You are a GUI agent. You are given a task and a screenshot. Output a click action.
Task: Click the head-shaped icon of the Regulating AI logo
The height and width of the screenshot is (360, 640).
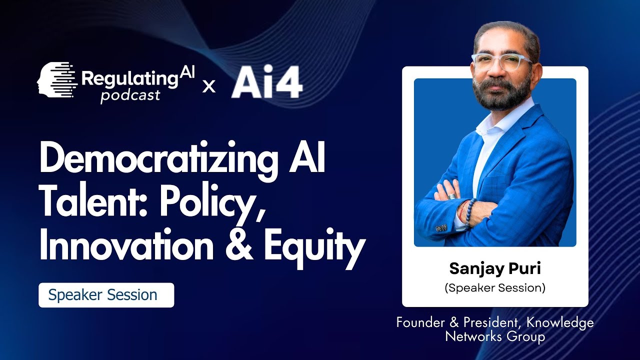pos(55,79)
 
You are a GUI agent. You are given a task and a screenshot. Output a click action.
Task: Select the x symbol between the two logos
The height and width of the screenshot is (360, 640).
pos(209,86)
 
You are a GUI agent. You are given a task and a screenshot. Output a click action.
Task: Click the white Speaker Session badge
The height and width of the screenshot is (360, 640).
pos(106,295)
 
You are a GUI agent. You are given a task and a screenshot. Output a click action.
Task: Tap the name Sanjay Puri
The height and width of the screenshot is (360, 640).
pos(495,268)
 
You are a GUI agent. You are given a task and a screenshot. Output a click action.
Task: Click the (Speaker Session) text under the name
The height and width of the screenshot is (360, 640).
pos(495,288)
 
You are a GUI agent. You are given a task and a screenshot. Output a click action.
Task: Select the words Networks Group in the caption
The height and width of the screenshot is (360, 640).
pos(495,337)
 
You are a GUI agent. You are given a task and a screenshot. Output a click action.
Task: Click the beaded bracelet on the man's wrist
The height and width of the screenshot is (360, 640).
pos(469,210)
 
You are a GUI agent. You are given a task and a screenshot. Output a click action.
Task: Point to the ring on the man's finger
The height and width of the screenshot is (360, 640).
pos(451,196)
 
